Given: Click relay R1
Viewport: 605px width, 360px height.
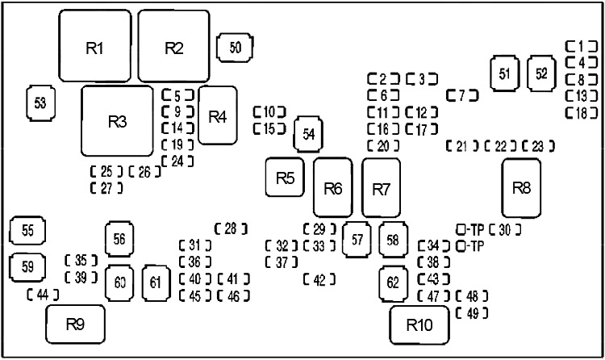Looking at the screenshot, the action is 95,46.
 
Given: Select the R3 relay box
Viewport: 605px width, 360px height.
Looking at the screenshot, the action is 117,121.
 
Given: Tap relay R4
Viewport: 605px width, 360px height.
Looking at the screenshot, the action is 218,115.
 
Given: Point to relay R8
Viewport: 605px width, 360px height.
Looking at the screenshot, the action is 521,189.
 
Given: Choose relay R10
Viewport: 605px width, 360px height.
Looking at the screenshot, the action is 419,324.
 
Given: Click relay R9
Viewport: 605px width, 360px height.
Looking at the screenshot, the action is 75,324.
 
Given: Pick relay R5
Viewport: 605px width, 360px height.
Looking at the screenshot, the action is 285,178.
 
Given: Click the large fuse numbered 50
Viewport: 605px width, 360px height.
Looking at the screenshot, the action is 235,48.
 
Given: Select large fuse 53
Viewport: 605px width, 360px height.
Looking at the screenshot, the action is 40,103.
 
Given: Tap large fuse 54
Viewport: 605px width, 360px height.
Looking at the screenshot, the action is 309,134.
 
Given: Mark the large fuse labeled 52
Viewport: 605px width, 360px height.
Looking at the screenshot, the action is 541,73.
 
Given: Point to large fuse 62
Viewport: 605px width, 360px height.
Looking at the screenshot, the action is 393,283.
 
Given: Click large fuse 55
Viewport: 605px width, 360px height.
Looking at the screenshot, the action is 27,231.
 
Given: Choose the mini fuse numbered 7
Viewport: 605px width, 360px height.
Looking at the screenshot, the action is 462,95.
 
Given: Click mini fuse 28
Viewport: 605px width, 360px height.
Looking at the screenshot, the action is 231,229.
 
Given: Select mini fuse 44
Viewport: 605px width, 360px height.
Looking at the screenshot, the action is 43,295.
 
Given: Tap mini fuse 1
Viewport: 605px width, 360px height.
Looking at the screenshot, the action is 582,46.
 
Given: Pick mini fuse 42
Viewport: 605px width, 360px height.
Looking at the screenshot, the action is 319,279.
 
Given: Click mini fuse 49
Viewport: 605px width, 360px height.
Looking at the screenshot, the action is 472,313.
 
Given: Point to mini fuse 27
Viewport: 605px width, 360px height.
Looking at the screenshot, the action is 106,188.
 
